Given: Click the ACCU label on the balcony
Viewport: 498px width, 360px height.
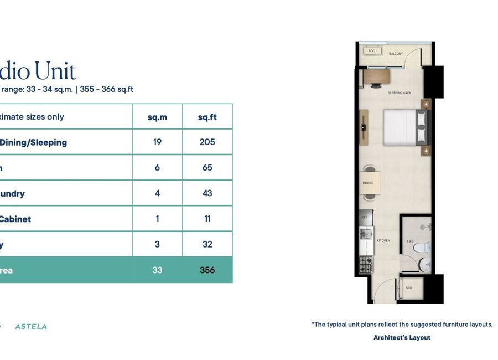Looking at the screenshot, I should pyautogui.click(x=372, y=51).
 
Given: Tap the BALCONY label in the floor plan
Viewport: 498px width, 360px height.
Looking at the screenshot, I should pyautogui.click(x=395, y=54).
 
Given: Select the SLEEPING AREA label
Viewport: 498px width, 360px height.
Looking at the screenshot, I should pyautogui.click(x=398, y=92).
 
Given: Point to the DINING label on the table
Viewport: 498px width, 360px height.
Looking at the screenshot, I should pyautogui.click(x=368, y=183).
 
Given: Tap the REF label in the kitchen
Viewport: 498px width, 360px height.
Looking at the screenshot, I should pyautogui.click(x=364, y=217).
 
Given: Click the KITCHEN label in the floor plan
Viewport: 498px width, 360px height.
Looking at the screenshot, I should pyautogui.click(x=383, y=240).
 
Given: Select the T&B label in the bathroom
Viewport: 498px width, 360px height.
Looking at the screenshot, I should pyautogui.click(x=410, y=241).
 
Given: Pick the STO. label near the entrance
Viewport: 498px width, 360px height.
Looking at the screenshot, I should pyautogui.click(x=409, y=288).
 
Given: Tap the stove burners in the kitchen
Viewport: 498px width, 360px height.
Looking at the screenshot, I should pyautogui.click(x=365, y=264).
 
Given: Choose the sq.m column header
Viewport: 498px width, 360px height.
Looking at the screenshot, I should pyautogui.click(x=157, y=117).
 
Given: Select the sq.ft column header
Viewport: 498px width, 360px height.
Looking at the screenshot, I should pyautogui.click(x=207, y=117).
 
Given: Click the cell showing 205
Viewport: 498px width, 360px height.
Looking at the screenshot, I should pyautogui.click(x=207, y=142).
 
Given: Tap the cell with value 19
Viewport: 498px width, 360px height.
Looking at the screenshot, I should pyautogui.click(x=157, y=142).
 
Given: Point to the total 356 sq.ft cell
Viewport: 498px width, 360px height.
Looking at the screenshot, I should pyautogui.click(x=207, y=270).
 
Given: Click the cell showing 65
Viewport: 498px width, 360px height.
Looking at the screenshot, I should pyautogui.click(x=207, y=168).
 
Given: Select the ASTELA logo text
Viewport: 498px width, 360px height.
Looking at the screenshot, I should pyautogui.click(x=31, y=326).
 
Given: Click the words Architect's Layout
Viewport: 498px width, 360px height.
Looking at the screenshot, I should pyautogui.click(x=402, y=337).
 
